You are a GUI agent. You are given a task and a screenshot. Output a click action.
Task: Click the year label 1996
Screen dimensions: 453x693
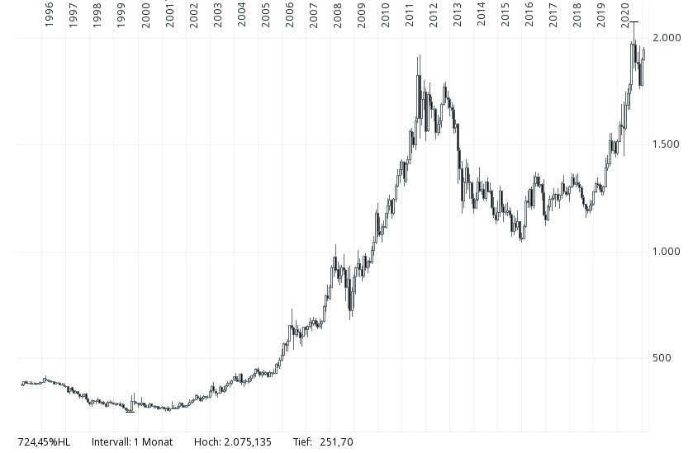[x=50, y=14]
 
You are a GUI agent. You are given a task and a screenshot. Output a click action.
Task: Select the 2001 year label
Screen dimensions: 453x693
[x=169, y=14]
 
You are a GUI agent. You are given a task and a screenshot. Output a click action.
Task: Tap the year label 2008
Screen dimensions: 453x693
[x=337, y=14]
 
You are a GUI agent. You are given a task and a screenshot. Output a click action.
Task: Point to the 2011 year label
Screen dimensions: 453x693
[x=409, y=14]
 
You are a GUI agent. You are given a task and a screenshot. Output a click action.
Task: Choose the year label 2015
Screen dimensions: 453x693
[x=505, y=14]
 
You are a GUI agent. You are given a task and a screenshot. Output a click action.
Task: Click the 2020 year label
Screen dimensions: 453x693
[x=625, y=14]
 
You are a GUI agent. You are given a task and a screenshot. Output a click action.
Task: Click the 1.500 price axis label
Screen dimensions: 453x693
[x=665, y=144]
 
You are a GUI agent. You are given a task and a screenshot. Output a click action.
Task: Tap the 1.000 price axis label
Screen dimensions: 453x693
[x=665, y=251]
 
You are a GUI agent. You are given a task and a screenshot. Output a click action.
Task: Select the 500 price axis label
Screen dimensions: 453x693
[x=660, y=358]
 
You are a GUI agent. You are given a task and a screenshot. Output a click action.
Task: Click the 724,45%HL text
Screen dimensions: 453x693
[x=44, y=442]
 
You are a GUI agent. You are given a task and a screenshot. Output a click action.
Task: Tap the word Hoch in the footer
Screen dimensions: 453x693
[x=206, y=442]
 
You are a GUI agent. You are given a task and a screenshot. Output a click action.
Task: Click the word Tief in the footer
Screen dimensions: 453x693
[x=302, y=442]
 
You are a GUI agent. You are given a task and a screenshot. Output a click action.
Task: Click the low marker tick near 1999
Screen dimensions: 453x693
[x=130, y=411]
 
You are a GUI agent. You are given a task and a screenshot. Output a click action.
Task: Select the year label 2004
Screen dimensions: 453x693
[x=241, y=14]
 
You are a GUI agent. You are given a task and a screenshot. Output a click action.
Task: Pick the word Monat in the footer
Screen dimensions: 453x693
[x=156, y=442]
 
